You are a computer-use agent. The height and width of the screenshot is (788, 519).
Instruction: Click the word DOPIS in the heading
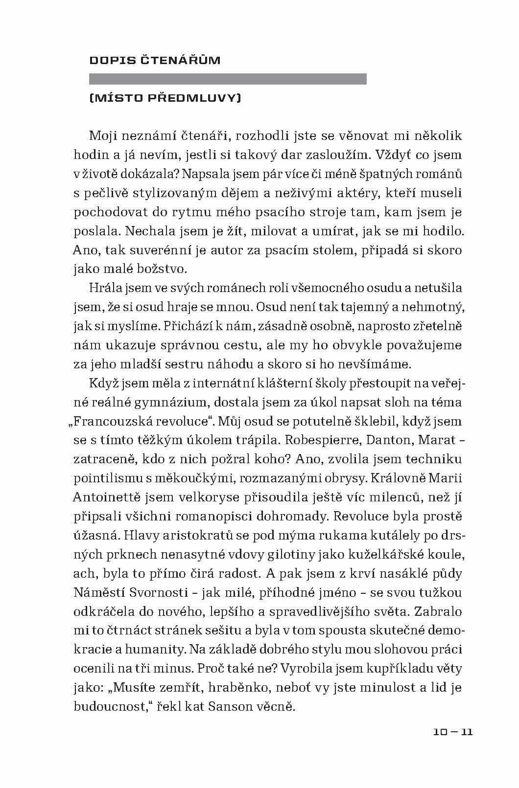tap(105, 61)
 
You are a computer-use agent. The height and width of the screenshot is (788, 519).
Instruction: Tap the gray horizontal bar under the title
tap(228, 79)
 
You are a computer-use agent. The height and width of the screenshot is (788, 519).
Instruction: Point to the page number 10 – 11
tap(453, 732)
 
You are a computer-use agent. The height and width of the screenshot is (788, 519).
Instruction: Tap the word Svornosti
tap(159, 593)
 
